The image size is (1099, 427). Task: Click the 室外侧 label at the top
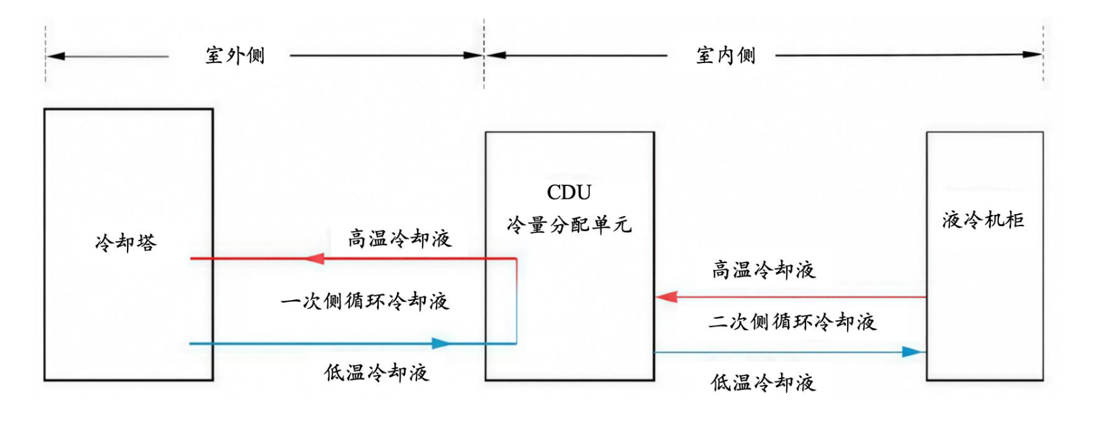235,55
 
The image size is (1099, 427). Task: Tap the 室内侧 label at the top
726,55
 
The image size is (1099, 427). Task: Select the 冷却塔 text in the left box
126,242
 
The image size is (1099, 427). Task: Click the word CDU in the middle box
569,193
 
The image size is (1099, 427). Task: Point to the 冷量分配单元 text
569,225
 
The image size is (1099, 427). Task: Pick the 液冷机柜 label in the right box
983,220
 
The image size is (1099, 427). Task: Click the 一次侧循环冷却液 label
365,301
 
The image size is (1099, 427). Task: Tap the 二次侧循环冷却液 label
792,322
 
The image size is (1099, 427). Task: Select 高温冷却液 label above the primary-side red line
400,238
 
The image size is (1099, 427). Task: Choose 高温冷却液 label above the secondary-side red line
764,270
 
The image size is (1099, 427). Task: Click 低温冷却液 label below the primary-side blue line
376,373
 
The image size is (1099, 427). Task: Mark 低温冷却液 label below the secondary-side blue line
763,383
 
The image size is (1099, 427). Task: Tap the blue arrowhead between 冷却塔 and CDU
441,344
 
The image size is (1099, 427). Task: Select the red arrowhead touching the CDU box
666,297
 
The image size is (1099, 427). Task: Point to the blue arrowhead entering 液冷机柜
913,352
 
